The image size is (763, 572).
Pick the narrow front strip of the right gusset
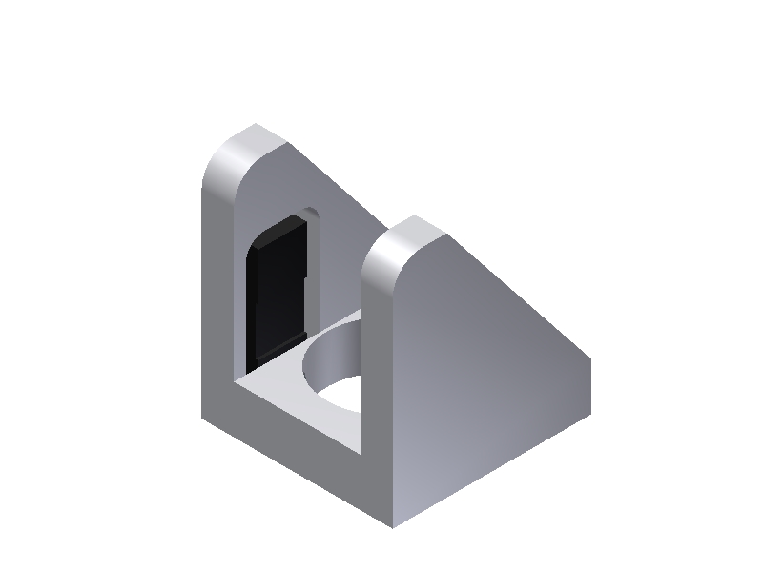point(378,400)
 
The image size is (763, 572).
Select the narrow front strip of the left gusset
point(217,305)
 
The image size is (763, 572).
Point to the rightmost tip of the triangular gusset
point(590,362)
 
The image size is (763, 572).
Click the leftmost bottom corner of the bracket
point(202,418)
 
